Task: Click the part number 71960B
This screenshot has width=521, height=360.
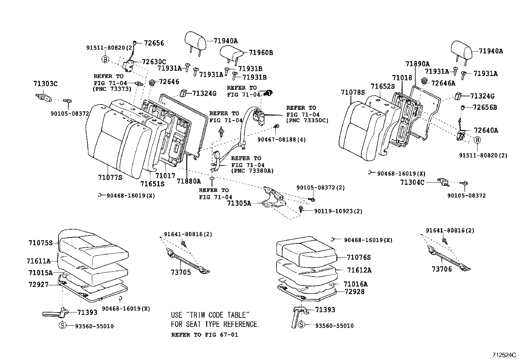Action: point(260,52)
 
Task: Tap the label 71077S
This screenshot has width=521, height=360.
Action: point(110,178)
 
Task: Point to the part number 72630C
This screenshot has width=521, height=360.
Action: point(154,62)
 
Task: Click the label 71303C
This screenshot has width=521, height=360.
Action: point(45,84)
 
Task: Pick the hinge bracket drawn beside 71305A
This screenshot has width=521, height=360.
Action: point(274,198)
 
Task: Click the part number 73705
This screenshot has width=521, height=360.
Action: point(181,272)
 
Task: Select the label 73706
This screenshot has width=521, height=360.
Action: point(441,269)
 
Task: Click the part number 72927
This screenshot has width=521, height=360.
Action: point(38,285)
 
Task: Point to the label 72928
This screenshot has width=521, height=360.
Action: point(354,291)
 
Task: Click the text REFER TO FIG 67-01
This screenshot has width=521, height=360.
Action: point(205,335)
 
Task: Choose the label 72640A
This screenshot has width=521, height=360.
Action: point(485,130)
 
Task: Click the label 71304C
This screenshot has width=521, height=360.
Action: point(412,182)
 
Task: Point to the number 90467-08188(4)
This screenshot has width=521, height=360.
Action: point(281,140)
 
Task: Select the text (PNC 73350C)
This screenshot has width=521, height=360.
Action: point(307,121)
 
